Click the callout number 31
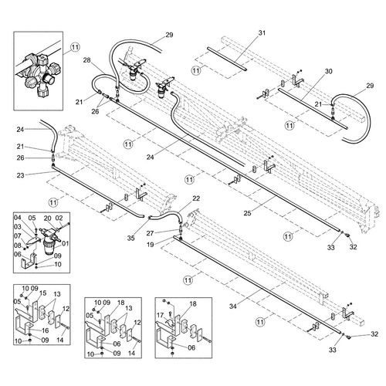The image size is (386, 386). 262,33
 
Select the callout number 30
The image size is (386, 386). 329,71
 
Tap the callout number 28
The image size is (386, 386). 87,60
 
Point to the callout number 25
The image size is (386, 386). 247,213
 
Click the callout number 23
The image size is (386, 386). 20,175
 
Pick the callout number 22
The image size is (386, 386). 196,198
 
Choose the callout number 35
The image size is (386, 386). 130,238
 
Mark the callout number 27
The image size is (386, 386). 150,233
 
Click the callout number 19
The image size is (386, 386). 150,245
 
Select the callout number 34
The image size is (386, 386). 233,306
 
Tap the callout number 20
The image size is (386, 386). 48,218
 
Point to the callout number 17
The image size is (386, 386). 161,315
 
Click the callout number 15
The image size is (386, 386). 42,293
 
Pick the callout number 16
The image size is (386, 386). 45,330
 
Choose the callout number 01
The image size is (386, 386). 66,243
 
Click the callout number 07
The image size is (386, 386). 18,236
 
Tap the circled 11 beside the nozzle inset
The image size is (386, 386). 75,47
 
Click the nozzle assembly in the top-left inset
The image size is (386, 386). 38,75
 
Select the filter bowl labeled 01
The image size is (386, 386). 49,248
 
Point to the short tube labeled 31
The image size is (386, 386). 227,59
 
